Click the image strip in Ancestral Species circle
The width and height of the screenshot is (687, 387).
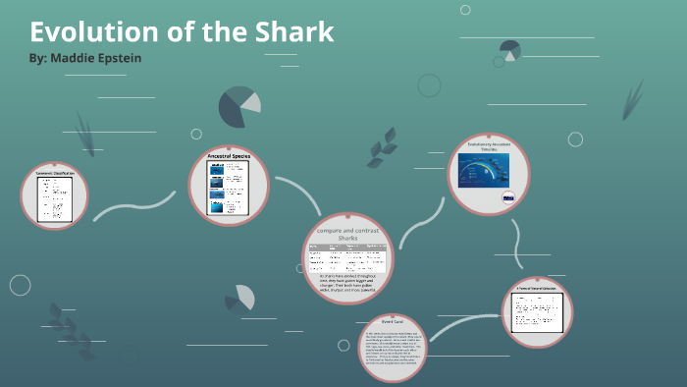pos(216,188)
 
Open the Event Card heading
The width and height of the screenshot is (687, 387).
pos(392,320)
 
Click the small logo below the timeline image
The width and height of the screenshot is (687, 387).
pos(508,196)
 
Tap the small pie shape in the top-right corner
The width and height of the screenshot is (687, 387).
pos(509,49)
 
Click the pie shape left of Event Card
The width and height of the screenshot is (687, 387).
pos(239,297)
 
